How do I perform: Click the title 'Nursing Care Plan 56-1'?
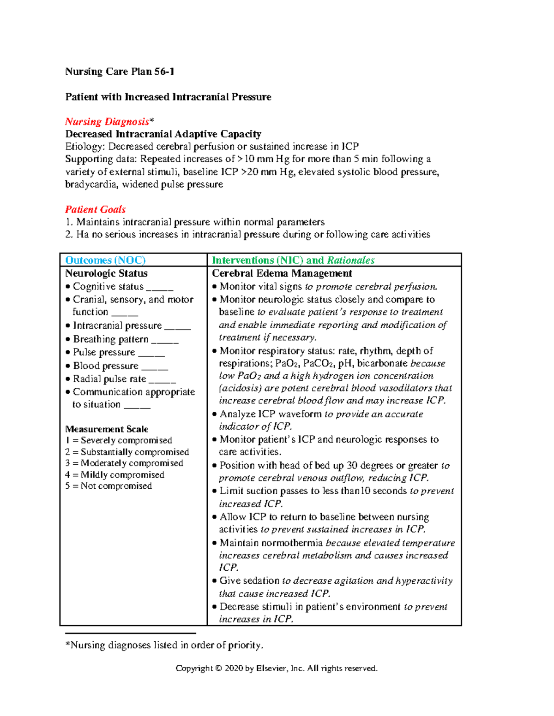click(x=120, y=71)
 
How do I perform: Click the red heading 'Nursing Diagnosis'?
click(x=107, y=122)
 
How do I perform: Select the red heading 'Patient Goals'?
click(x=95, y=209)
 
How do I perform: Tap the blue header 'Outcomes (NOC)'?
click(x=105, y=260)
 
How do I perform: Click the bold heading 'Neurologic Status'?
click(x=106, y=273)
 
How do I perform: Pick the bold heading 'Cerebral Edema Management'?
click(x=282, y=273)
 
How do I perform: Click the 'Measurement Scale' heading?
click(x=107, y=429)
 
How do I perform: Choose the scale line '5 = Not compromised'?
click(x=108, y=486)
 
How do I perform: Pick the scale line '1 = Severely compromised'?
click(x=119, y=440)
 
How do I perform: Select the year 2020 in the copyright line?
click(x=234, y=669)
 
